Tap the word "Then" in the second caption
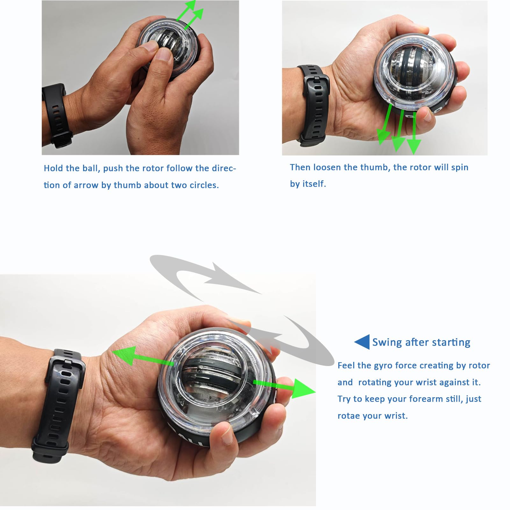(300, 167)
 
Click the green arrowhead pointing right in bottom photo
(303, 388)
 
